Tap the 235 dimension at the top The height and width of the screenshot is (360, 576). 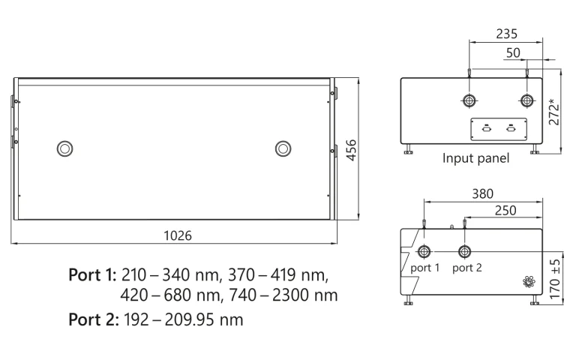pos(507,34)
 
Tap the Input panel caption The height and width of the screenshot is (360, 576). pos(475,159)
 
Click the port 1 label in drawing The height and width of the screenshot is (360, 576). pos(424,268)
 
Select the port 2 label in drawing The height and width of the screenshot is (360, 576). pos(467,268)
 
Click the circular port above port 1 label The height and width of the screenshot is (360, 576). pos(424,250)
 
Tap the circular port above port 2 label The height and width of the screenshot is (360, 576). pos(465,250)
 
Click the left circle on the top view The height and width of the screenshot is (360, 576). pos(65,148)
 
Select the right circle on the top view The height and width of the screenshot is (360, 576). pos(283,148)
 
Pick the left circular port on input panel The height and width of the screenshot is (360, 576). pos(469,100)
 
